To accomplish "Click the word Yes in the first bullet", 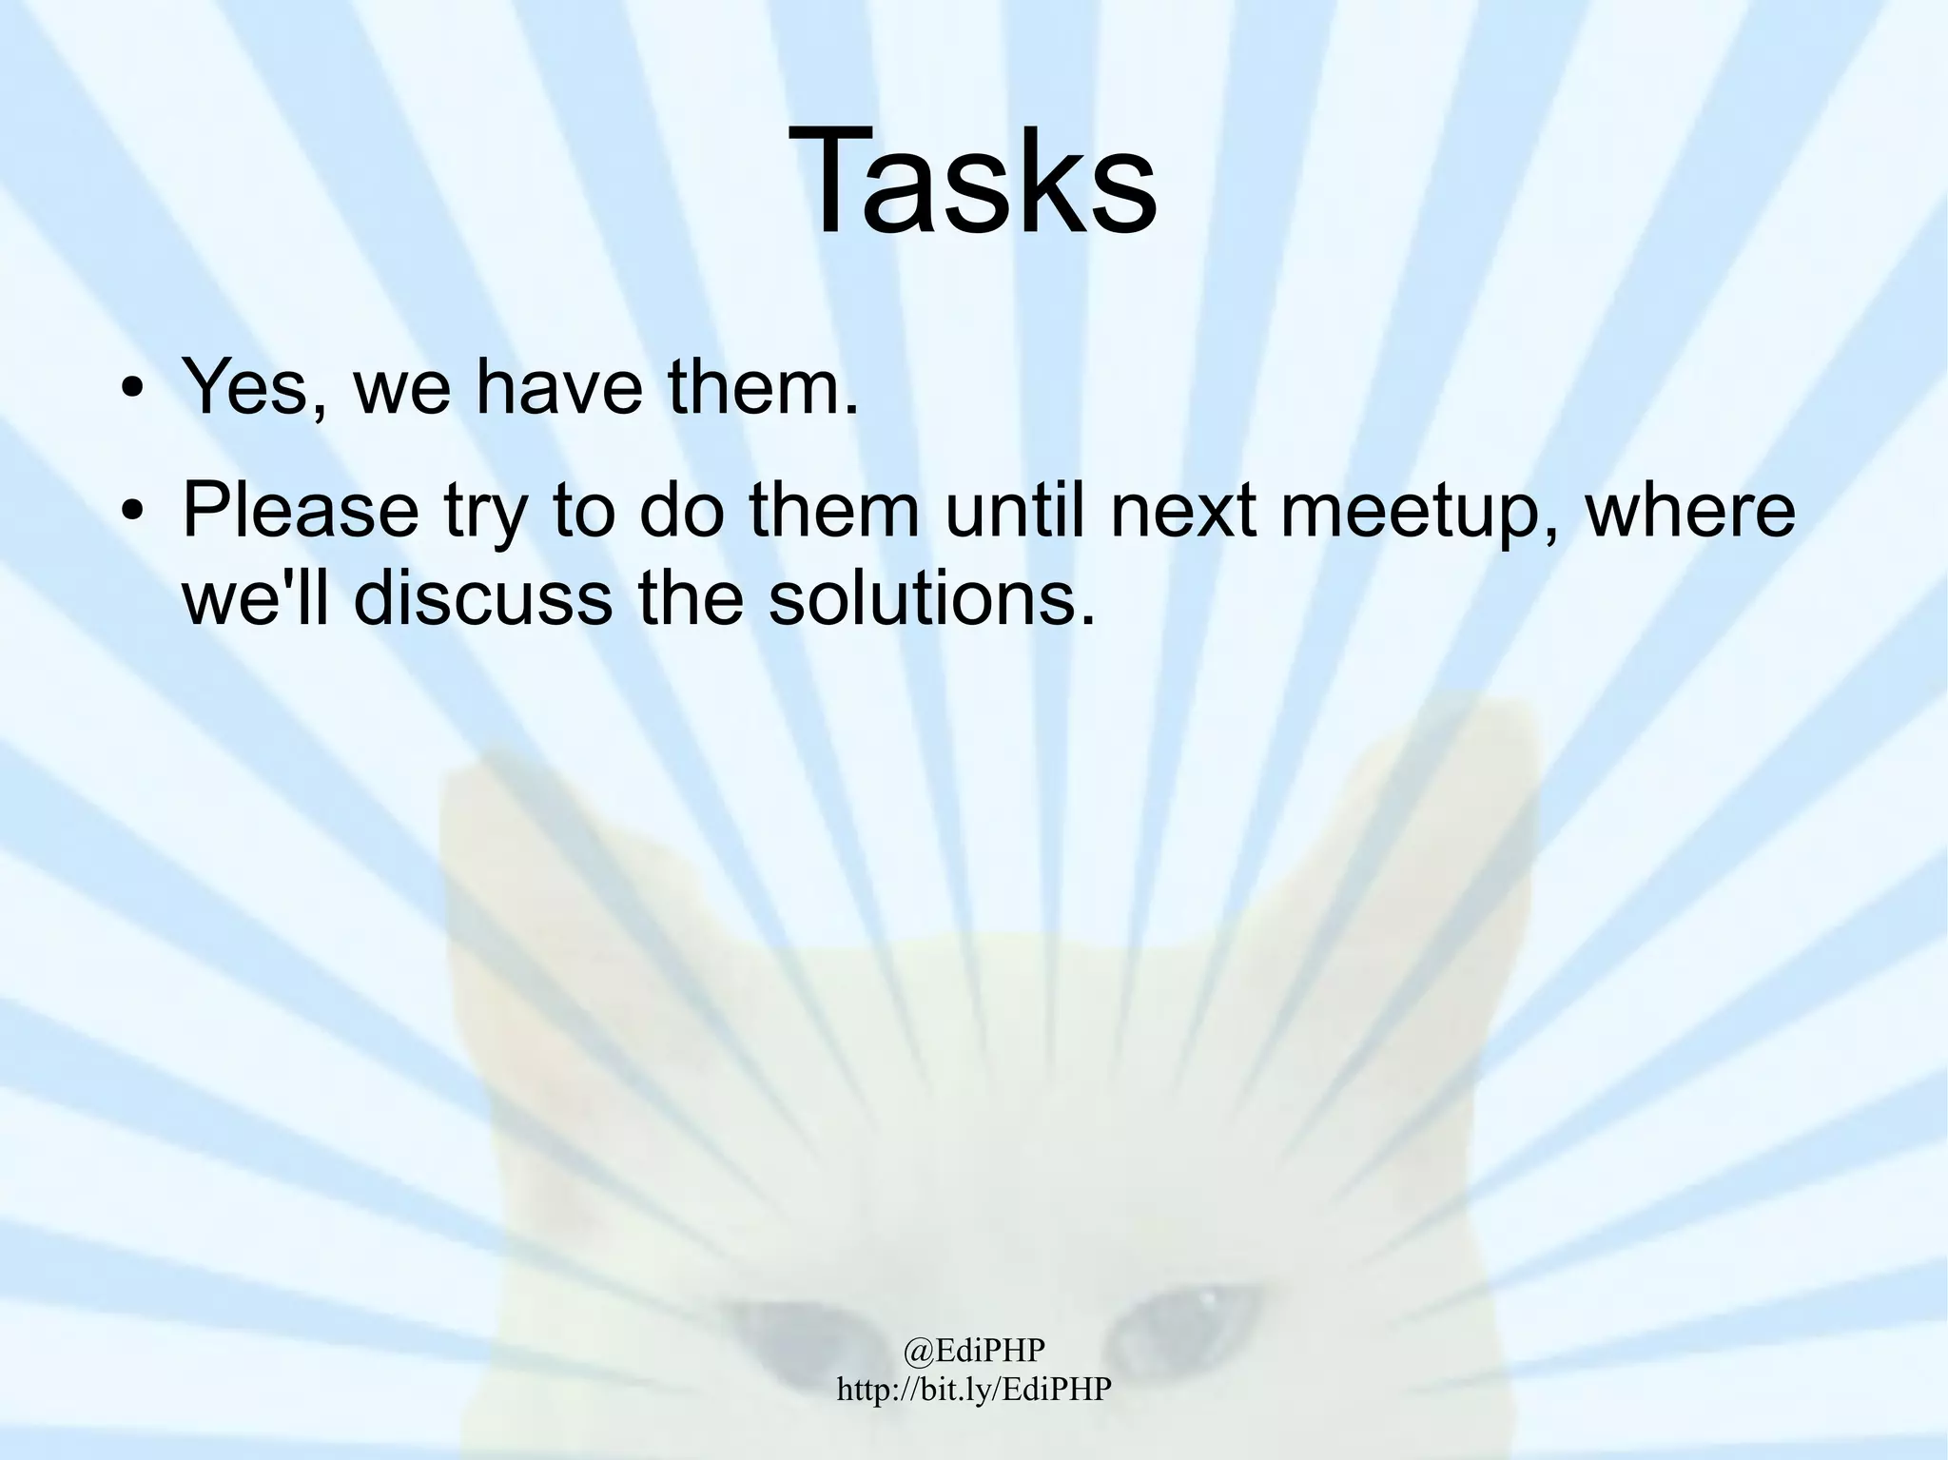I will pyautogui.click(x=246, y=388).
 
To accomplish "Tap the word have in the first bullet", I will pyautogui.click(x=558, y=388).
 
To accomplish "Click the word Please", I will pyautogui.click(x=301, y=511).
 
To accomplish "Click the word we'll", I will pyautogui.click(x=254, y=599).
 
